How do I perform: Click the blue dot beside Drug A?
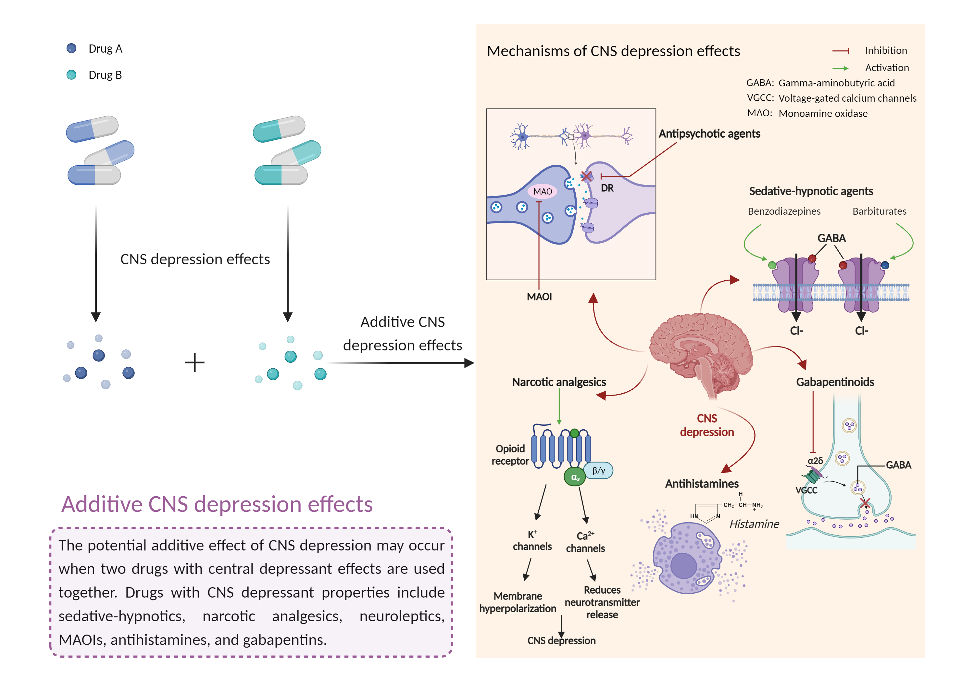pyautogui.click(x=71, y=48)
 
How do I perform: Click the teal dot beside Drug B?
pyautogui.click(x=71, y=75)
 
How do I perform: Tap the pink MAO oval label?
pyautogui.click(x=543, y=191)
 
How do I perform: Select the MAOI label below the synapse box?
pyautogui.click(x=539, y=297)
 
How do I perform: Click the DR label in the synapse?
pyautogui.click(x=607, y=188)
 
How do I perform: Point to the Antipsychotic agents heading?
pyautogui.click(x=709, y=134)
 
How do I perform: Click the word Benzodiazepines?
pyautogui.click(x=784, y=211)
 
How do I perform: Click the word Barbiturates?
pyautogui.click(x=880, y=211)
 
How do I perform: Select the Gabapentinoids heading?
pyautogui.click(x=835, y=382)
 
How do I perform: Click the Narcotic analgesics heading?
pyautogui.click(x=559, y=382)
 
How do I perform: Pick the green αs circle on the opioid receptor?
pyautogui.click(x=575, y=477)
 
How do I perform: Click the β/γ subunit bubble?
pyautogui.click(x=599, y=470)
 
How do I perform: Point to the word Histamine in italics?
pyautogui.click(x=754, y=524)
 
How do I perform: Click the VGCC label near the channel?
pyautogui.click(x=806, y=490)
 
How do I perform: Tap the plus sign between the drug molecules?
pyautogui.click(x=195, y=363)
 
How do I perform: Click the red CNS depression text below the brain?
pyautogui.click(x=707, y=425)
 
